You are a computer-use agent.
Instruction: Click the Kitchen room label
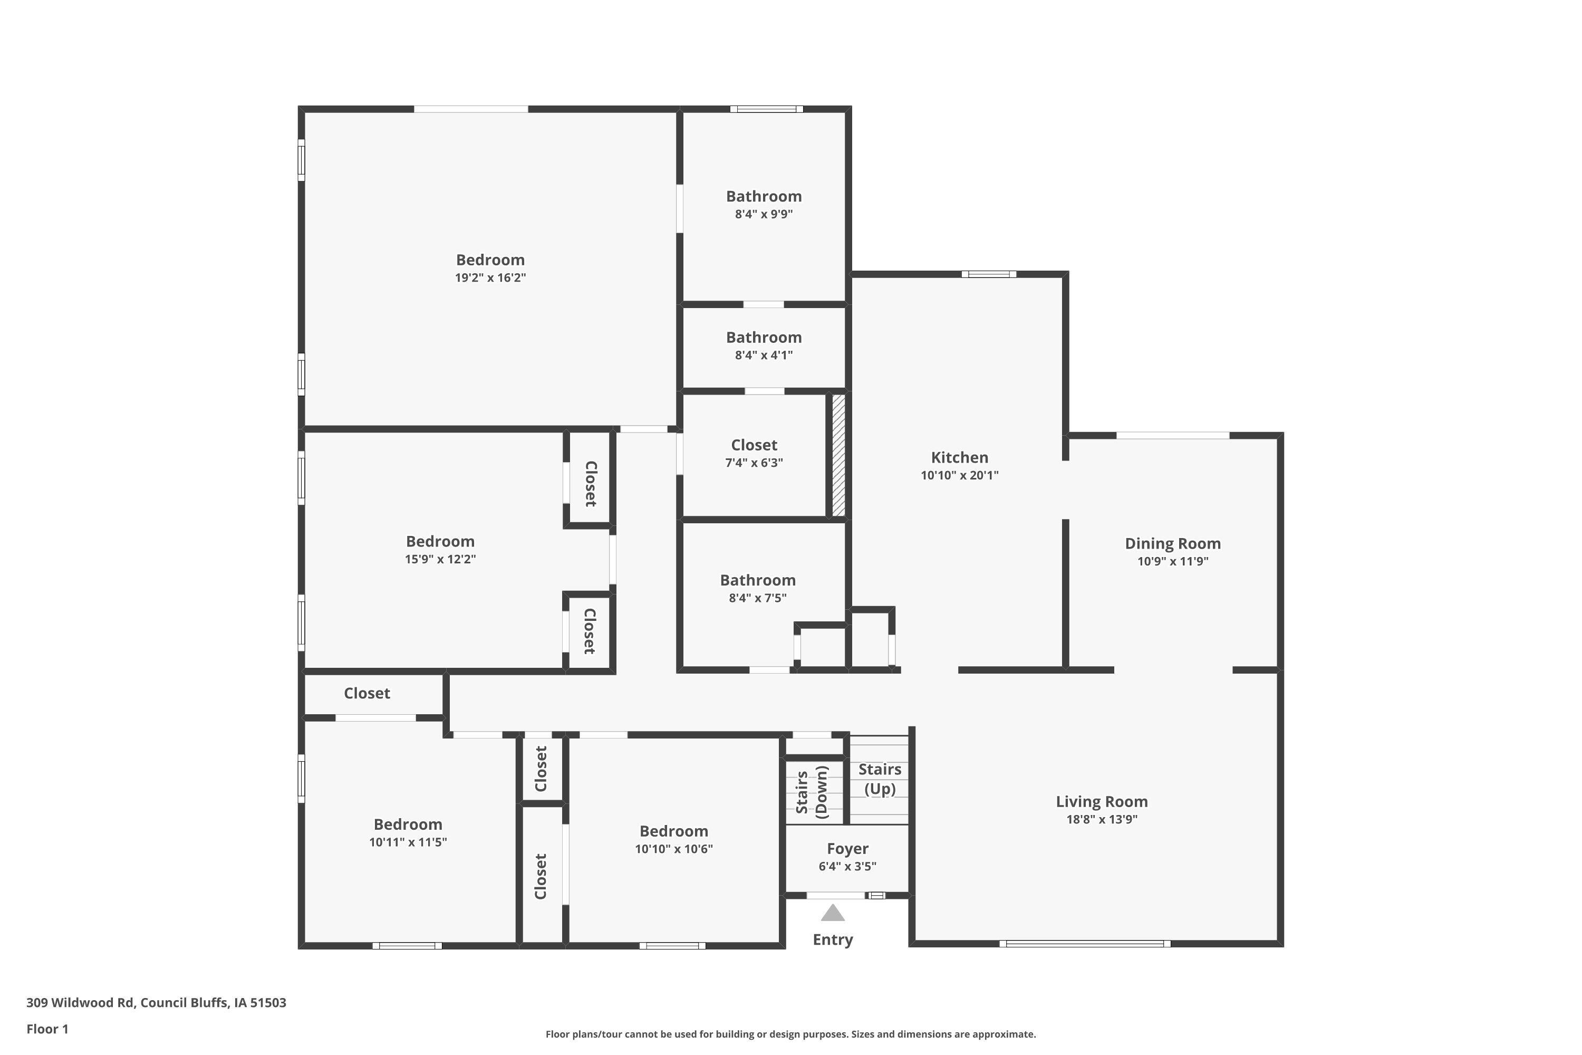pos(959,457)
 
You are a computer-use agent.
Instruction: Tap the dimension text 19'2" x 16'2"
pos(490,278)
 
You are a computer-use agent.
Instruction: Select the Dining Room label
pos(1172,544)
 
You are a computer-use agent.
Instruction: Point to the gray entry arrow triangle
pos(833,913)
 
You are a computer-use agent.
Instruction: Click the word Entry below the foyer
pos(833,940)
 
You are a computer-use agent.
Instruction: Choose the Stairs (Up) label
pos(879,779)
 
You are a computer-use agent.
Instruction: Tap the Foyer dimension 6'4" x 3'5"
pos(847,867)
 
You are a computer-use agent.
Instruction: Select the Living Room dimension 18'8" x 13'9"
pos(1101,820)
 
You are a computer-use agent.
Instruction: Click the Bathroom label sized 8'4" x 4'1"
pos(764,338)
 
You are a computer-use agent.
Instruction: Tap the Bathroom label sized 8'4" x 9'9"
pos(764,196)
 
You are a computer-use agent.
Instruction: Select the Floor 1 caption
pos(47,1029)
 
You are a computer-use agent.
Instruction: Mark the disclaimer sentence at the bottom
pos(790,1034)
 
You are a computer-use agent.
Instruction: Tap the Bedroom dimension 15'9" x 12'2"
pos(440,559)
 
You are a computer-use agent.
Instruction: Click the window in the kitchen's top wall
pos(988,274)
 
